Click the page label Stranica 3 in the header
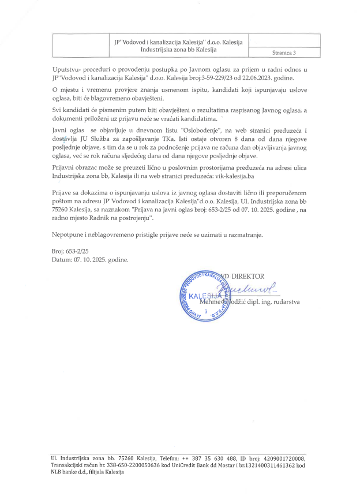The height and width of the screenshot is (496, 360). coord(283,53)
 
